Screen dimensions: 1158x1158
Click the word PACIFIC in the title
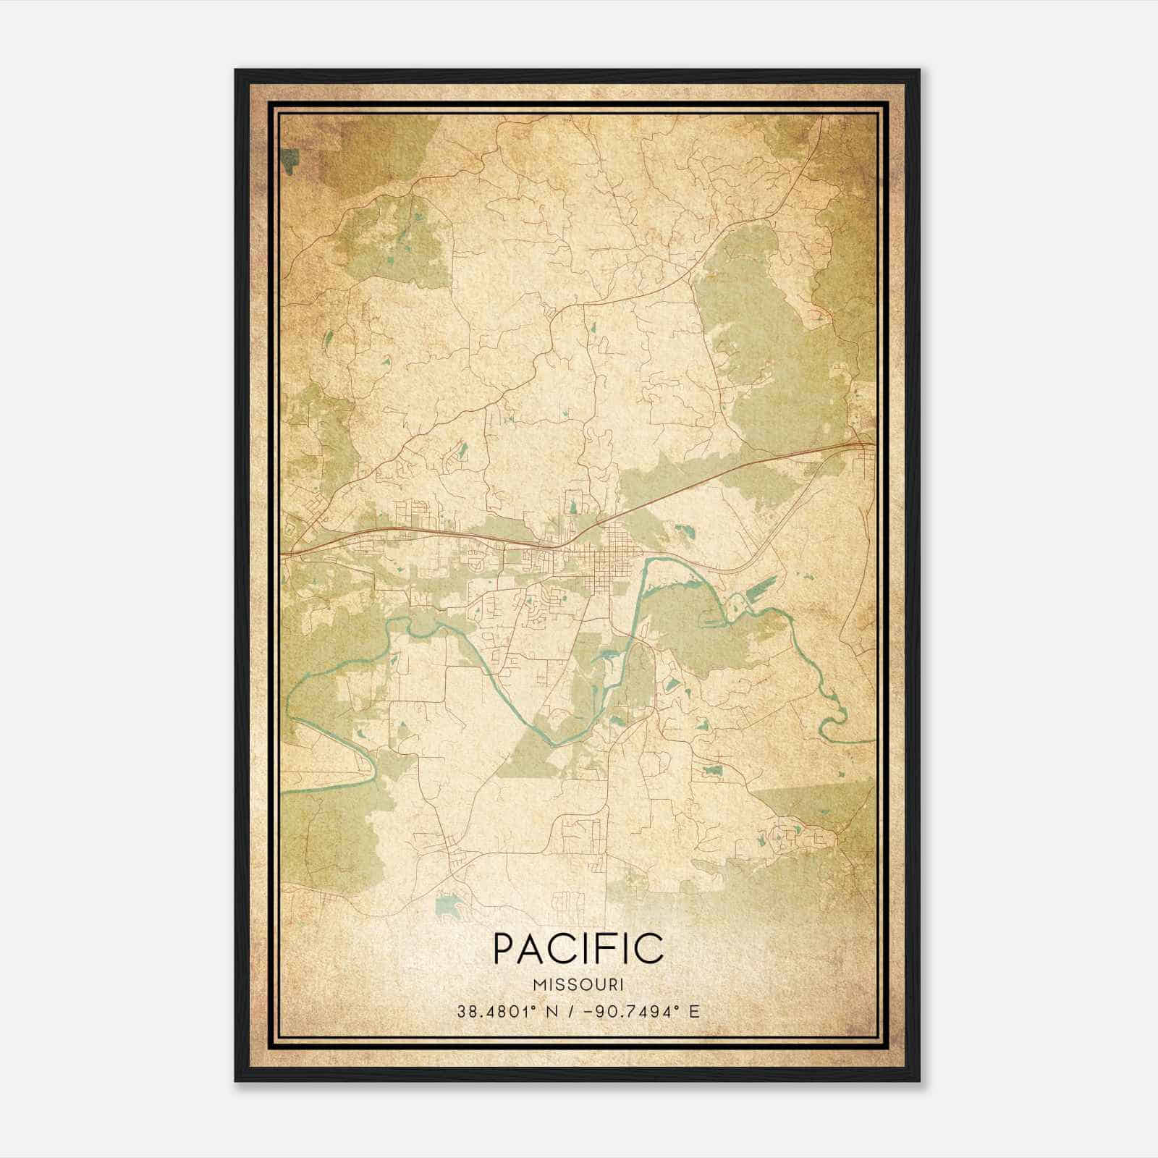pos(578,948)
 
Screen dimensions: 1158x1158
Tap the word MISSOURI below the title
pos(578,984)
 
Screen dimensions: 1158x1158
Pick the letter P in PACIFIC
pos(504,948)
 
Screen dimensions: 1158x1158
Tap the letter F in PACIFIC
pos(611,948)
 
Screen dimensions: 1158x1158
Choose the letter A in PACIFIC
pos(534,948)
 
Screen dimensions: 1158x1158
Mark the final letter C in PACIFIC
pos(649,948)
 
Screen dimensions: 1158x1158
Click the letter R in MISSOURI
pos(609,984)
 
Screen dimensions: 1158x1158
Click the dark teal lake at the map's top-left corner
pos(292,161)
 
